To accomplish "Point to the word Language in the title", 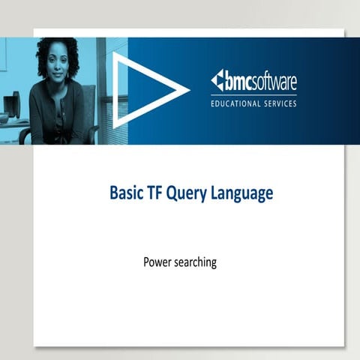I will pos(242,194).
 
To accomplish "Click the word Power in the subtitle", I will pos(157,262).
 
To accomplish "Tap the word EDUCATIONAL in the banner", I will pos(238,103).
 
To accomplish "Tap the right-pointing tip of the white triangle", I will pos(187,90).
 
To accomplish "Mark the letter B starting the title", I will pos(115,193).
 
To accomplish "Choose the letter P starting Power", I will pos(145,262).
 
